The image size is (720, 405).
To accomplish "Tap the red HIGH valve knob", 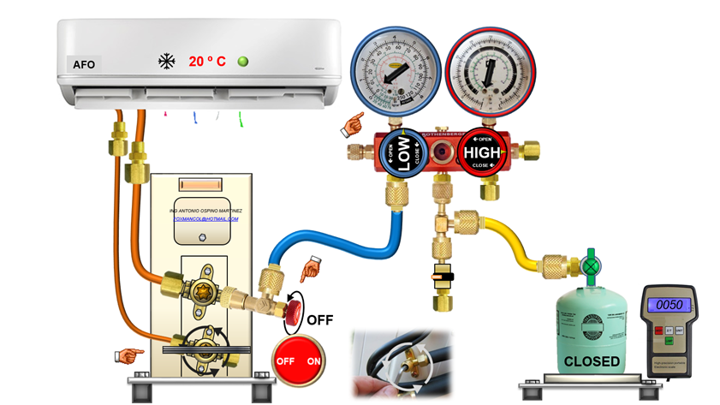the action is pyautogui.click(x=482, y=154).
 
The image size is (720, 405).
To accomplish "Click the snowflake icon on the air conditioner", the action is pyautogui.click(x=166, y=62).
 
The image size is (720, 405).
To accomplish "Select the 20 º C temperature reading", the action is pyautogui.click(x=207, y=62).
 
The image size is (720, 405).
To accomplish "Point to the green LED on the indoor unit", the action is pyautogui.click(x=244, y=61).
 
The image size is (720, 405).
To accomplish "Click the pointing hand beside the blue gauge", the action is pyautogui.click(x=351, y=125).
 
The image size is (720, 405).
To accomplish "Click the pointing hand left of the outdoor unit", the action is pyautogui.click(x=128, y=354).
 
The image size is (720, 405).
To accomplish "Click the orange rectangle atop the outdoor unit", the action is pyautogui.click(x=199, y=185).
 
